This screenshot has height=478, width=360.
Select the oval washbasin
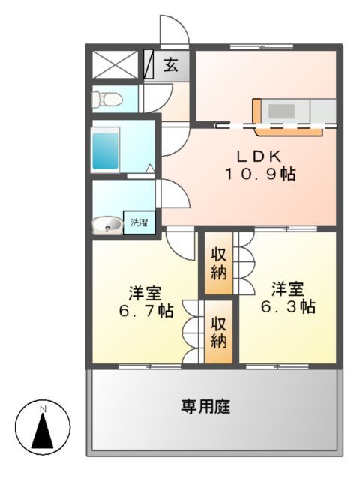[108, 224]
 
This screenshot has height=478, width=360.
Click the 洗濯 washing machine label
[139, 223]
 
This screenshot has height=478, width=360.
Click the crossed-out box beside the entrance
[115, 64]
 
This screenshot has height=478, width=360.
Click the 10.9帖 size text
[259, 175]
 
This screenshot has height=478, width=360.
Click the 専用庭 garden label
[205, 407]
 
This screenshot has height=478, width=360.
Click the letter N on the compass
[43, 409]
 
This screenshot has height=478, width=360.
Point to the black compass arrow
[43, 430]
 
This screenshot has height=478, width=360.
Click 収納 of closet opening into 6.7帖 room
[218, 331]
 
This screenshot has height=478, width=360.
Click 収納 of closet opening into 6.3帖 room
[218, 263]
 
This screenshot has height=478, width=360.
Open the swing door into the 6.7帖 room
[181, 243]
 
